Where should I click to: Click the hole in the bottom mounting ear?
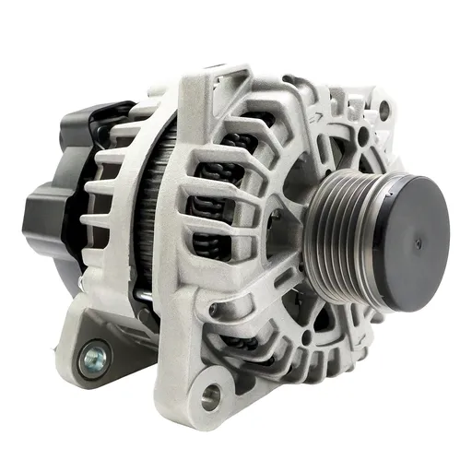(212, 397)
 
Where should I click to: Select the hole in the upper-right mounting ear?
(383, 111)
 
